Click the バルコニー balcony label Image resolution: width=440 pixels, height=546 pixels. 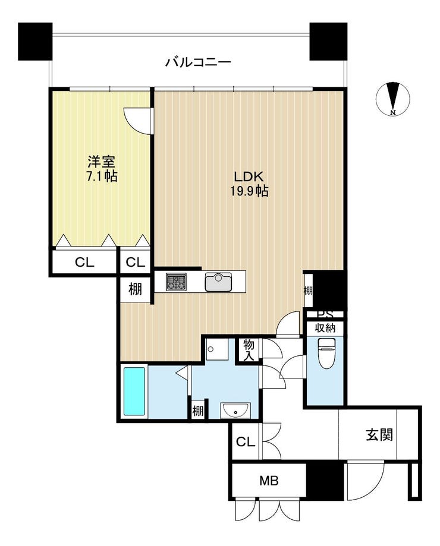click(198, 62)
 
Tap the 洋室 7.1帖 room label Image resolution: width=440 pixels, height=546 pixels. click(102, 169)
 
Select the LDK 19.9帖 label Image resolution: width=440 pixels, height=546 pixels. click(249, 184)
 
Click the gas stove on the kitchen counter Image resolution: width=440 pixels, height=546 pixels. click(176, 282)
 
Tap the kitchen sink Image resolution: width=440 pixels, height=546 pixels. click(218, 282)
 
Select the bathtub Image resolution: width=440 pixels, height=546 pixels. click(134, 392)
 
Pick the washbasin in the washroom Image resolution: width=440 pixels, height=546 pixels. click(235, 409)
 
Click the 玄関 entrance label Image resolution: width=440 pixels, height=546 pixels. click(379, 435)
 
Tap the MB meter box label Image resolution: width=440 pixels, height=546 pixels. click(269, 481)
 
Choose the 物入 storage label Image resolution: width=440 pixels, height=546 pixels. click(249, 351)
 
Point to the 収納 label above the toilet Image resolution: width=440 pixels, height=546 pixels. click(325, 328)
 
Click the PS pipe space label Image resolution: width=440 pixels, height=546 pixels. click(325, 314)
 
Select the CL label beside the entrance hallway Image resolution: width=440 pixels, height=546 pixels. click(246, 442)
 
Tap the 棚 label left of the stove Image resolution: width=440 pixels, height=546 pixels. click(136, 289)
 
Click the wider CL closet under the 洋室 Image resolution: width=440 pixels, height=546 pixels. click(84, 262)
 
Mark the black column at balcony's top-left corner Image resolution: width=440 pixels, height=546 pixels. click(35, 42)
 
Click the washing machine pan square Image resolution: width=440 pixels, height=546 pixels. click(216, 349)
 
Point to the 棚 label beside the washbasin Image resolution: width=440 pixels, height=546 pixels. click(198, 412)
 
